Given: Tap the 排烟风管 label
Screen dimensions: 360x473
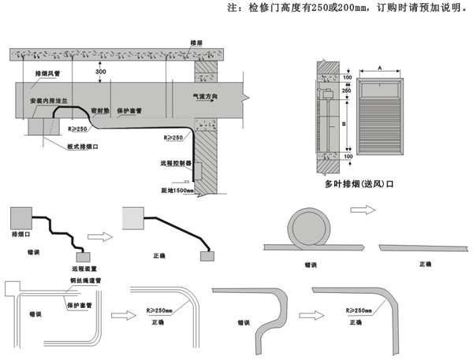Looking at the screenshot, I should [x=48, y=72].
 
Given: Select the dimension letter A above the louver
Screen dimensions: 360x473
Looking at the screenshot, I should [x=381, y=69].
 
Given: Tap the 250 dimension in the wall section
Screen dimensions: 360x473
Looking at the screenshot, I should [x=347, y=91].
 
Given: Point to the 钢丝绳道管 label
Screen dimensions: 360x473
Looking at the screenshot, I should [x=82, y=280].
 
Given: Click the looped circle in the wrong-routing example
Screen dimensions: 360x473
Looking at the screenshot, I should [x=310, y=229].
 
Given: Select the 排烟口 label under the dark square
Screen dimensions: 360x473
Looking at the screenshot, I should [x=21, y=235].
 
